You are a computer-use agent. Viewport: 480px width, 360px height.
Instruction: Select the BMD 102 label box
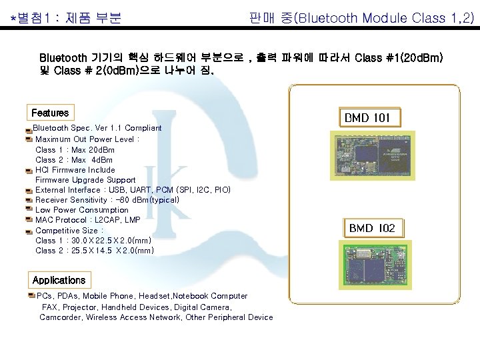(x=372, y=228)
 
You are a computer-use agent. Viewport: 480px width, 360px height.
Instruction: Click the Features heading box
(x=50, y=113)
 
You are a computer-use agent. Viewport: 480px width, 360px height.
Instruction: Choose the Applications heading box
(x=59, y=280)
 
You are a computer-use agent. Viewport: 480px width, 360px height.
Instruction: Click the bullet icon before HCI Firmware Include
(x=29, y=170)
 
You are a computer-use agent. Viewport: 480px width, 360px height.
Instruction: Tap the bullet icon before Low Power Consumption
(x=29, y=210)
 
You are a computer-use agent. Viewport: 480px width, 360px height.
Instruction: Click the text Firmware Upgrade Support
(x=85, y=180)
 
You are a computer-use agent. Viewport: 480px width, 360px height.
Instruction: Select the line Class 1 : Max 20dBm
(x=75, y=150)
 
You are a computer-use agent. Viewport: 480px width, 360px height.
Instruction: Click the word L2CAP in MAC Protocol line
(x=105, y=220)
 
